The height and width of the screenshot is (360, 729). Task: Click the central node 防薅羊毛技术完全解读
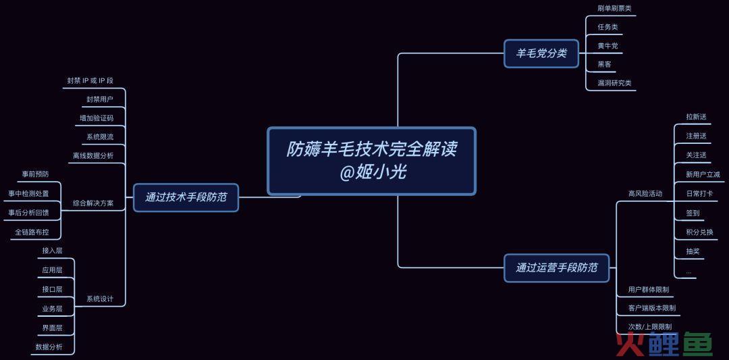pos(371,161)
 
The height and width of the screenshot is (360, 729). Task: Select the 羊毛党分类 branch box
pos(541,53)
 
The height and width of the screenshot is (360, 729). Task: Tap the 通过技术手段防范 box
pos(186,197)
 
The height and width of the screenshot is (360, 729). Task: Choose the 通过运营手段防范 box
pos(556,267)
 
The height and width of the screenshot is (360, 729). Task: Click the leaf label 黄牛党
pos(607,45)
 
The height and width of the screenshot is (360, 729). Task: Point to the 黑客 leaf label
pos(604,64)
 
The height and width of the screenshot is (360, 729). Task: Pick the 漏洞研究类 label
pos(614,83)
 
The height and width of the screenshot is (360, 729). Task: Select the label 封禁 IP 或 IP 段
pos(90,80)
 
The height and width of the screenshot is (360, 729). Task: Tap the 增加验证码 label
pos(97,118)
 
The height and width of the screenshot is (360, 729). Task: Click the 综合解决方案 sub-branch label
pos(93,203)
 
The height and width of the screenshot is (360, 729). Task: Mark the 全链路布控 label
pos(32,232)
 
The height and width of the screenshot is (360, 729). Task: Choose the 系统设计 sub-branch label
pos(100,299)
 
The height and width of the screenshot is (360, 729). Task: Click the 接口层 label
pos(52,289)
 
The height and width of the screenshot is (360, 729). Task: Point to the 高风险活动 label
pos(645,193)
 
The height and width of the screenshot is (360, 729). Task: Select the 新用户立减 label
pos(703,174)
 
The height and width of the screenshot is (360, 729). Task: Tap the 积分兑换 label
pos(700,232)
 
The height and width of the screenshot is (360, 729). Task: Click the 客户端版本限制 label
pos(652,308)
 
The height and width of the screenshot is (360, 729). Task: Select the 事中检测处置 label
pos(28,193)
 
